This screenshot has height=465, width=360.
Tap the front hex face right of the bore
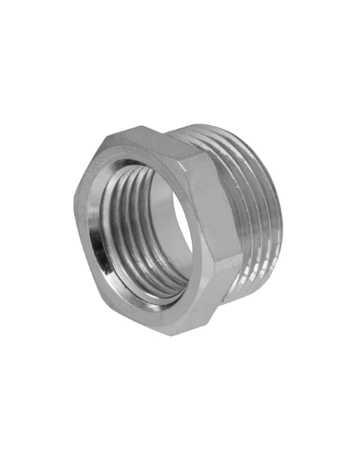pos(199,239)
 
